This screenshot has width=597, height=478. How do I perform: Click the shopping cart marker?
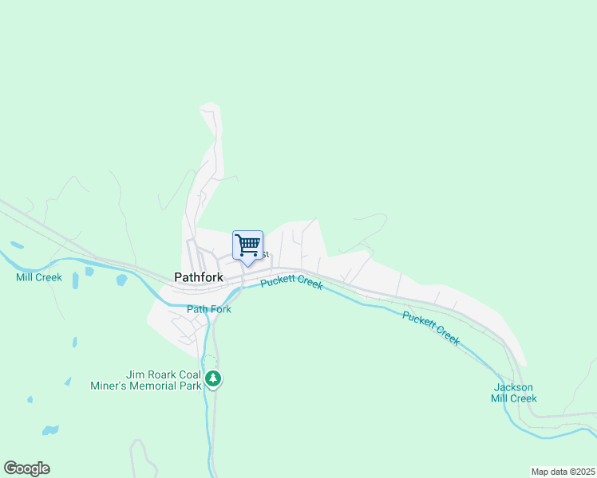tap(247, 245)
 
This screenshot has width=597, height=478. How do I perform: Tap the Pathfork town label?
tap(198, 277)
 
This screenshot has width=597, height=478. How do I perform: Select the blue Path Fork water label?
tap(209, 309)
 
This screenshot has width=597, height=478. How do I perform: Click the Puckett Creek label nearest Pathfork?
tap(291, 282)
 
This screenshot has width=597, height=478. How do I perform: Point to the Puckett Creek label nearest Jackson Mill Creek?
tap(431, 327)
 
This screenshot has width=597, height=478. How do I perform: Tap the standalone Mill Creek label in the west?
tap(38, 277)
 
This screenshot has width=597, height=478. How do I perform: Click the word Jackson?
tap(514, 387)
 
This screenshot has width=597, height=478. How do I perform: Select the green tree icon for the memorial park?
tap(212, 379)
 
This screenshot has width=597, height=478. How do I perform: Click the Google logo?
tap(26, 468)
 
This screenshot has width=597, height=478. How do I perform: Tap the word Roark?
tap(157, 374)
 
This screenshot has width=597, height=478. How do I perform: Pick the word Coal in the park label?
tap(187, 374)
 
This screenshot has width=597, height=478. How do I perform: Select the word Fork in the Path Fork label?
tap(219, 309)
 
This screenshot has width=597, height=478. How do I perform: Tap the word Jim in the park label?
tap(134, 374)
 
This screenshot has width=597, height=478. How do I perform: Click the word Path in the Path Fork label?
tap(197, 309)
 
